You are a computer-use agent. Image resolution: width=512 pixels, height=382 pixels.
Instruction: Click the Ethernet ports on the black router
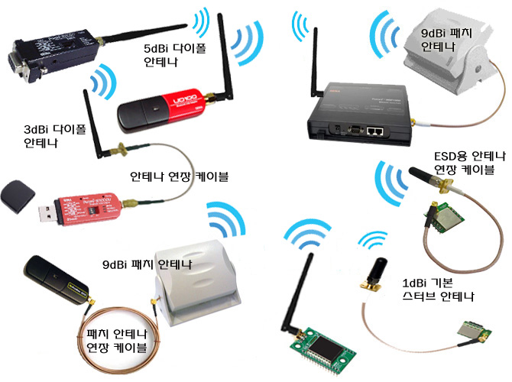pyautogui.click(x=375, y=131)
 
